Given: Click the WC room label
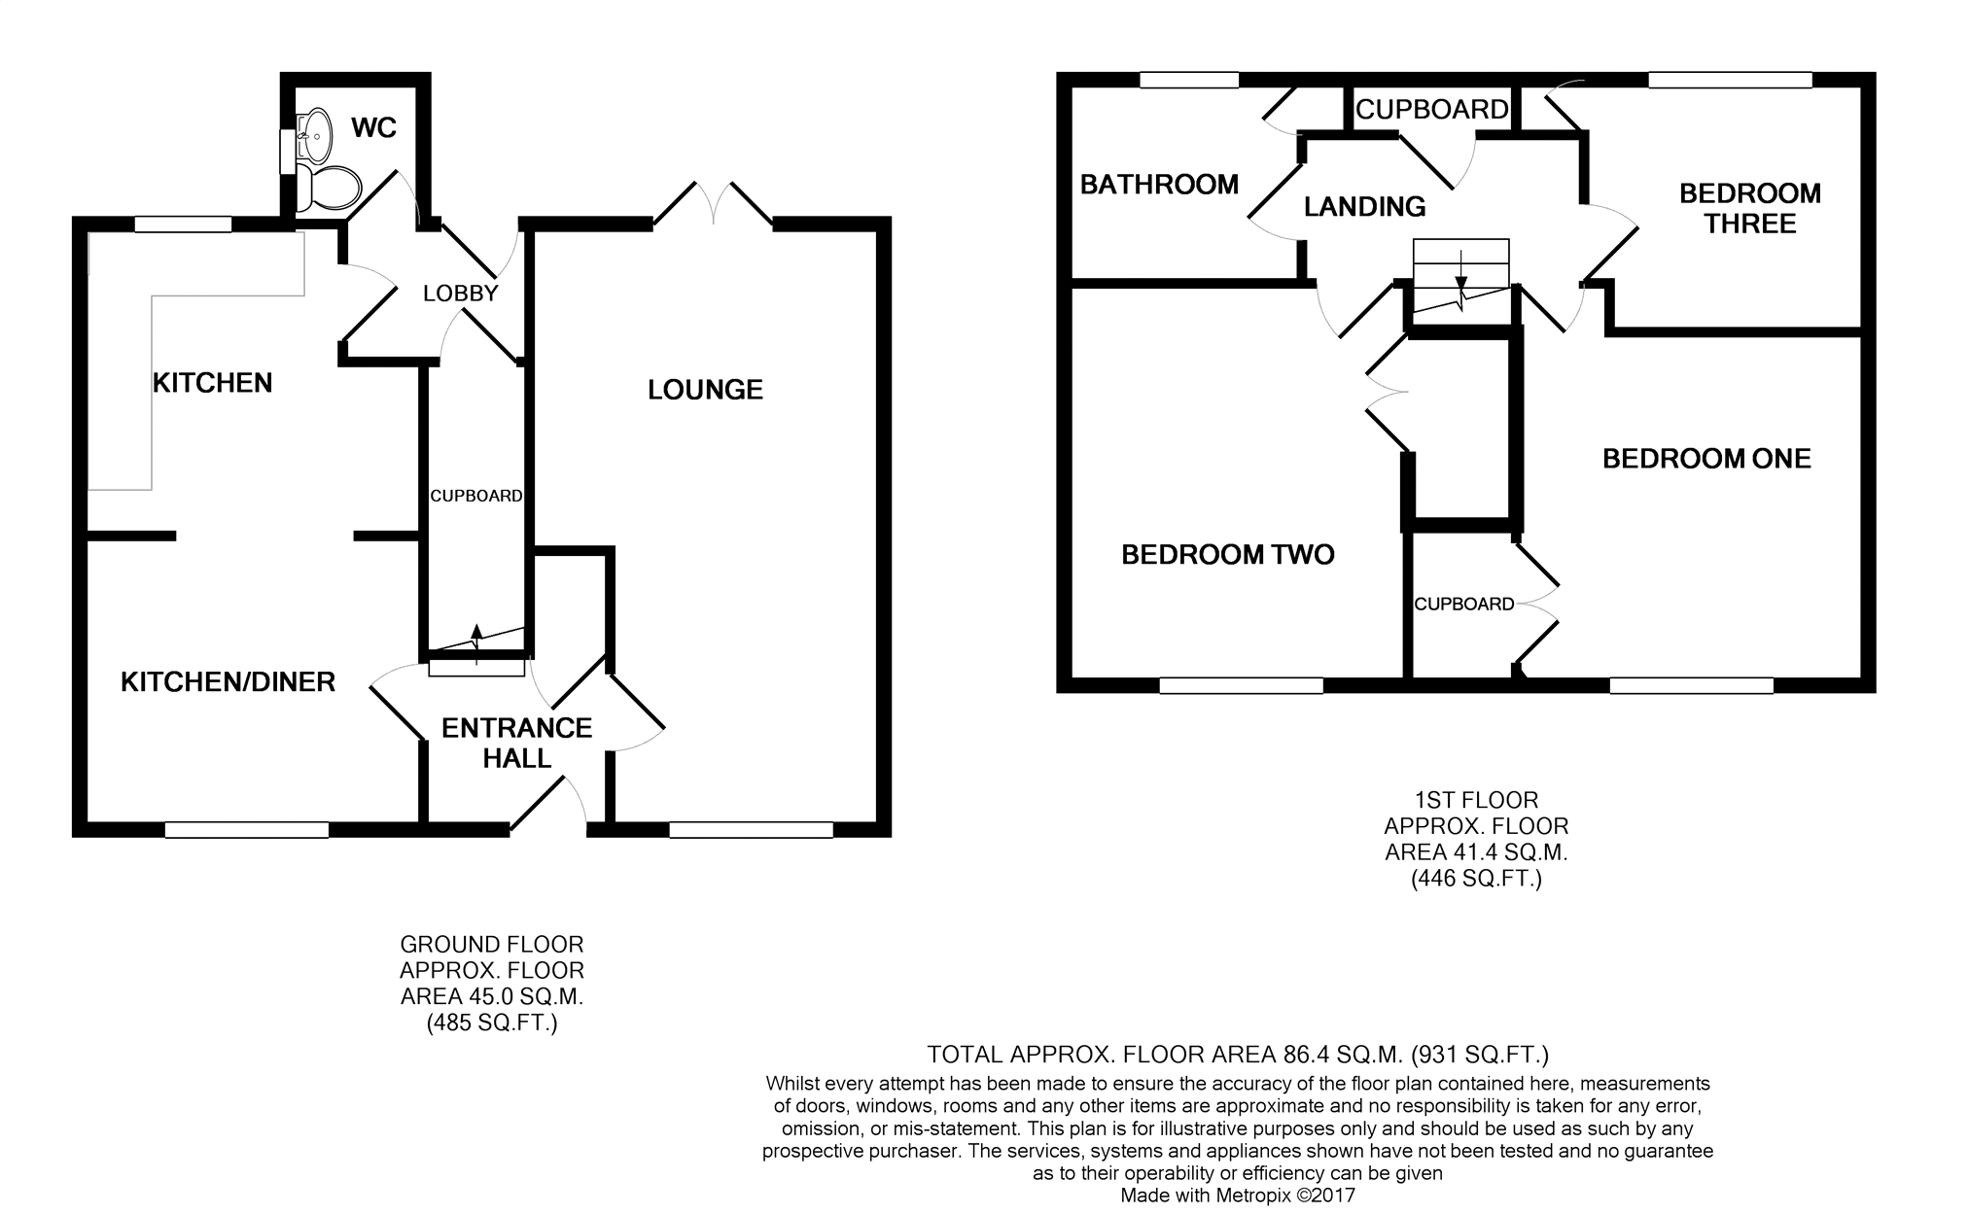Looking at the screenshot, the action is point(374,128).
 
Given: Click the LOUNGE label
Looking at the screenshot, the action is point(705,390).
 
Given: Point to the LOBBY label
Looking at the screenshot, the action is point(461,293).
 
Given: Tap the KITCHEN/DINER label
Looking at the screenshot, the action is point(228,682).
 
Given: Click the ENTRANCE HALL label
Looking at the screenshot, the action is point(516,743).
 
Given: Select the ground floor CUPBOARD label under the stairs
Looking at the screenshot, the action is point(476,496).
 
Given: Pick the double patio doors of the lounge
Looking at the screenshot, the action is point(714,204).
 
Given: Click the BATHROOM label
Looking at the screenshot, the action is point(1159,185).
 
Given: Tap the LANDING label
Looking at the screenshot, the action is point(1364,206).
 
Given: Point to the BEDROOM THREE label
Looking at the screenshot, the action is point(1750,208).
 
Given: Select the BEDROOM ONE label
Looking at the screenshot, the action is point(1706,459).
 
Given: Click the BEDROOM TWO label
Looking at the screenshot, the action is point(1227,555).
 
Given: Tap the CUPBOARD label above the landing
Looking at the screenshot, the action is point(1431,110).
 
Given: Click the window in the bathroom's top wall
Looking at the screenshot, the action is point(1189,80).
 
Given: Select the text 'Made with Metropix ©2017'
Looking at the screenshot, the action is point(1237,1196).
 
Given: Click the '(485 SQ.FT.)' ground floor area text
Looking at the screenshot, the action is point(492,1023).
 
